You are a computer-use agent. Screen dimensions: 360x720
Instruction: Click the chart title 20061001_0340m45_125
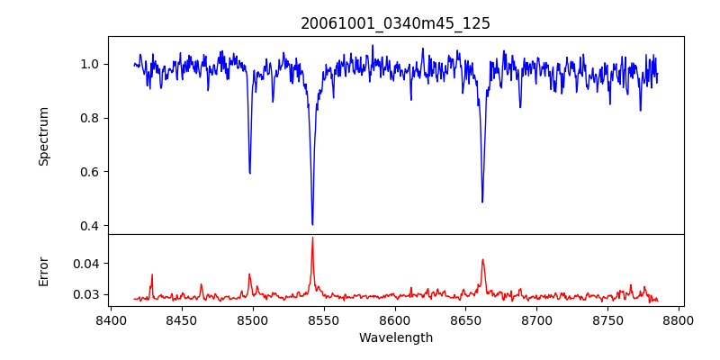[395, 23]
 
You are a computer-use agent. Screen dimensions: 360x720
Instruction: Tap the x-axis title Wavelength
[395, 338]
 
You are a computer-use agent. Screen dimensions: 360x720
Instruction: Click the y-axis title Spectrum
[44, 136]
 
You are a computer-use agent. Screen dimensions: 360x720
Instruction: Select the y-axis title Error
[44, 271]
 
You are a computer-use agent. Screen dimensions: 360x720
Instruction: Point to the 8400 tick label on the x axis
[110, 319]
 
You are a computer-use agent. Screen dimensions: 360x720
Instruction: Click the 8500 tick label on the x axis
[252, 319]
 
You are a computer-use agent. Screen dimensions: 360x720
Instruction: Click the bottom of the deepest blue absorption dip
[312, 224]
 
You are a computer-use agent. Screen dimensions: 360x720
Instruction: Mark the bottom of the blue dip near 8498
[249, 173]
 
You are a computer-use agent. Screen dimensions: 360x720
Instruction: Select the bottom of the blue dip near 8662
[482, 202]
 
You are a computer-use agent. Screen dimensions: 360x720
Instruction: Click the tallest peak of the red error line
[312, 238]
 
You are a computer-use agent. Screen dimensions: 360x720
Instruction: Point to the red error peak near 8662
[482, 260]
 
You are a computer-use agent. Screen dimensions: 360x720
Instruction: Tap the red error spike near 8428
[152, 274]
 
